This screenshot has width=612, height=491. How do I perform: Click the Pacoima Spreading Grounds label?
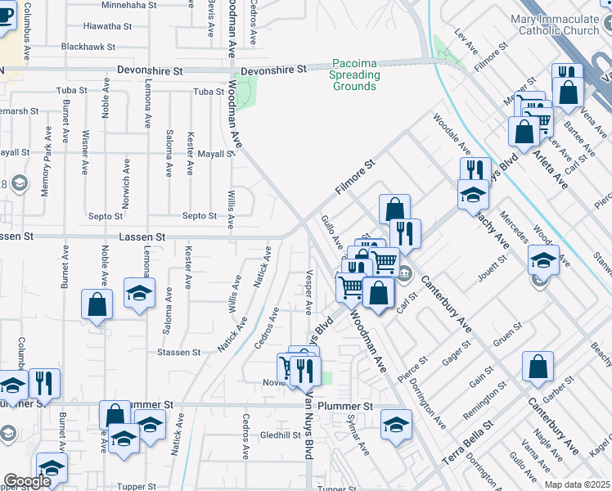[356, 74]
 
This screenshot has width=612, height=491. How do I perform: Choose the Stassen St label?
[178, 352]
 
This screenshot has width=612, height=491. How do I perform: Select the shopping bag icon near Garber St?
[538, 367]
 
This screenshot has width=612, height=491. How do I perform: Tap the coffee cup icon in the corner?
[5, 16]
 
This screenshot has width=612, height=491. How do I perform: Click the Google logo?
[27, 482]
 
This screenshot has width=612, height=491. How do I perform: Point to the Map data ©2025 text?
[576, 485]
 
